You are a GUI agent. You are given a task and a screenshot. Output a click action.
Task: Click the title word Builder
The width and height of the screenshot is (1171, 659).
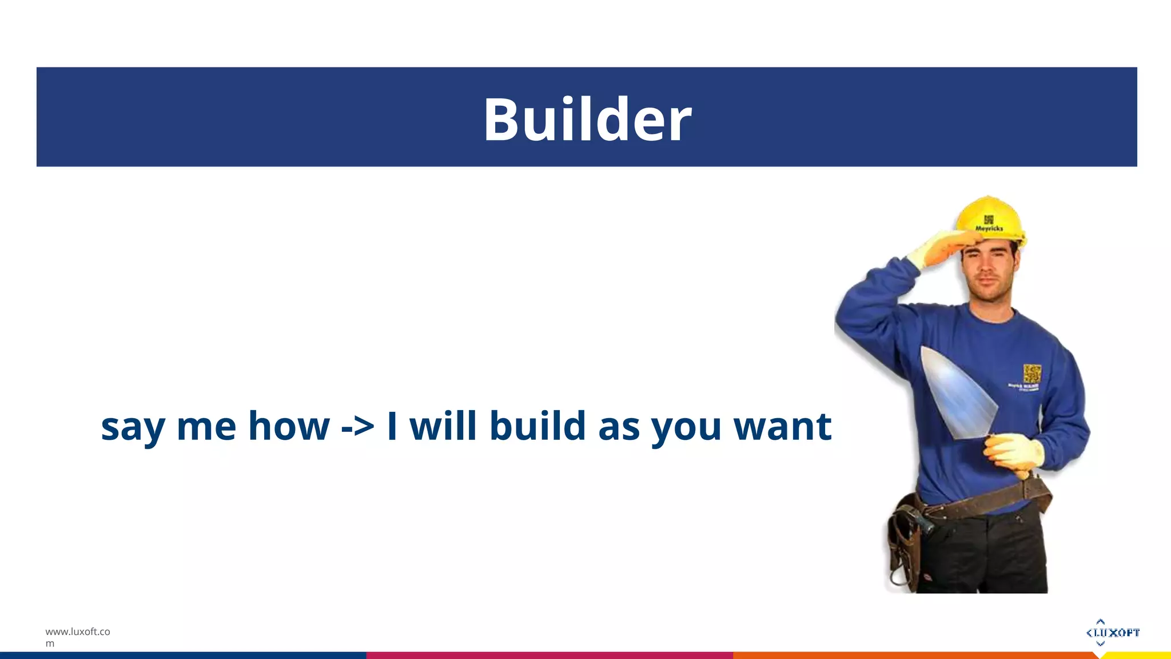click(587, 120)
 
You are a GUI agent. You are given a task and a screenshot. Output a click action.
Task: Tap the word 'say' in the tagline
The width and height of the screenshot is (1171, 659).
click(133, 427)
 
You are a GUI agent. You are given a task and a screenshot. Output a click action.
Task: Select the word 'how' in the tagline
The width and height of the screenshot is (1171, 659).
click(289, 426)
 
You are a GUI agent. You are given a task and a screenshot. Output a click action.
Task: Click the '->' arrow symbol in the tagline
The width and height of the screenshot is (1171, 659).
click(357, 427)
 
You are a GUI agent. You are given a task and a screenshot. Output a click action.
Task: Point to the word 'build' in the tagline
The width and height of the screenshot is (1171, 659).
click(538, 426)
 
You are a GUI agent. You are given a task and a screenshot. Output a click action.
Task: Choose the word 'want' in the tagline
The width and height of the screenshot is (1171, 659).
click(782, 427)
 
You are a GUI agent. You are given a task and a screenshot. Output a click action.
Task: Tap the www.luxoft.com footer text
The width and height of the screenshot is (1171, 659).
click(77, 637)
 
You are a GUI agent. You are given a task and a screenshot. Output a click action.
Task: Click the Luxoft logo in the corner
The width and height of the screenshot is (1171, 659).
click(1112, 632)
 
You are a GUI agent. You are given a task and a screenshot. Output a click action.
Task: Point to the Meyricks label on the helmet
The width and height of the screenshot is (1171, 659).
click(989, 228)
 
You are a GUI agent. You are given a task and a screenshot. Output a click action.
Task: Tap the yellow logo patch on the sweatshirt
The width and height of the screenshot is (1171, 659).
click(1032, 374)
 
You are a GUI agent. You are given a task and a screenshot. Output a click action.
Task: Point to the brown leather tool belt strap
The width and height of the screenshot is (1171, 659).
click(983, 501)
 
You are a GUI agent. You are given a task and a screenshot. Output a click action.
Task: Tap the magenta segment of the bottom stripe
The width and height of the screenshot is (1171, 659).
click(549, 655)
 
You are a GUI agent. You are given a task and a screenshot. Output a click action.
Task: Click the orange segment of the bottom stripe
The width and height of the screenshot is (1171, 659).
click(915, 655)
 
